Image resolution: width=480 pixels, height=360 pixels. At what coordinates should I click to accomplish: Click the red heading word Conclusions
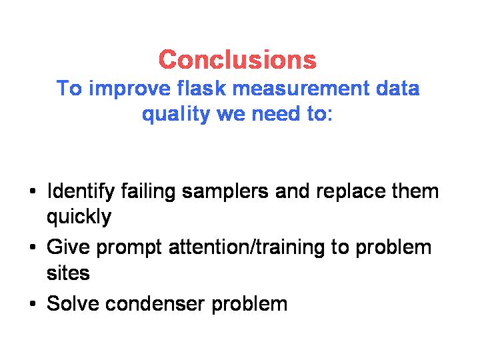pyautogui.click(x=237, y=59)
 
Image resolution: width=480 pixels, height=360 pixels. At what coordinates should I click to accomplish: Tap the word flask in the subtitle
pyautogui.click(x=201, y=88)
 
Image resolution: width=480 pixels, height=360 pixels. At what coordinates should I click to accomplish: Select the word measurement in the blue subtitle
pyautogui.click(x=301, y=89)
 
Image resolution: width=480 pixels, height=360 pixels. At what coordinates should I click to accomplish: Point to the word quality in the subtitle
pyautogui.click(x=176, y=115)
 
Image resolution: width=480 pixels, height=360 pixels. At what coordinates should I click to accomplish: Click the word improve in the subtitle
pyautogui.click(x=129, y=89)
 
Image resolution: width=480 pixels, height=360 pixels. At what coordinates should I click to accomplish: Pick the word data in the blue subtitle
pyautogui.click(x=397, y=88)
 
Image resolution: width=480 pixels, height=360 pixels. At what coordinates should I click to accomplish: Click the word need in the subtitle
pyautogui.click(x=275, y=114)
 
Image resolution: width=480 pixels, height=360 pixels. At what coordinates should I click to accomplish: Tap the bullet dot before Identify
pyautogui.click(x=33, y=191)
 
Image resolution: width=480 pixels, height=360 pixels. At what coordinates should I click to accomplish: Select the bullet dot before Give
pyautogui.click(x=33, y=247)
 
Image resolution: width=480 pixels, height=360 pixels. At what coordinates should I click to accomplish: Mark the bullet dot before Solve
pyautogui.click(x=33, y=304)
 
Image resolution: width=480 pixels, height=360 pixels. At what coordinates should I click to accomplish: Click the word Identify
pyautogui.click(x=81, y=191)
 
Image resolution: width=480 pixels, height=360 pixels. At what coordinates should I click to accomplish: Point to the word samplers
pyautogui.click(x=225, y=192)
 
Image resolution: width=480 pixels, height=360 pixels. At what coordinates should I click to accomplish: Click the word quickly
pyautogui.click(x=79, y=217)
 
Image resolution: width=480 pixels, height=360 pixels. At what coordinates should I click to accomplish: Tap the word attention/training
pyautogui.click(x=247, y=247)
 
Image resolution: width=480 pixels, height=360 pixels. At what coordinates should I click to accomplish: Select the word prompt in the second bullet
pyautogui.click(x=129, y=248)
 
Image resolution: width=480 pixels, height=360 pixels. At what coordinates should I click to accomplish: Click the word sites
pyautogui.click(x=68, y=273)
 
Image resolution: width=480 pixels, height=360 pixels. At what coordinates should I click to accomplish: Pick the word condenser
pyautogui.click(x=155, y=304)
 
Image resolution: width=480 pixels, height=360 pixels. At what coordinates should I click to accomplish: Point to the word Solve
pyautogui.click(x=73, y=303)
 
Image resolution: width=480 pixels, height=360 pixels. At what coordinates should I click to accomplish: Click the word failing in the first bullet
pyautogui.click(x=148, y=192)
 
